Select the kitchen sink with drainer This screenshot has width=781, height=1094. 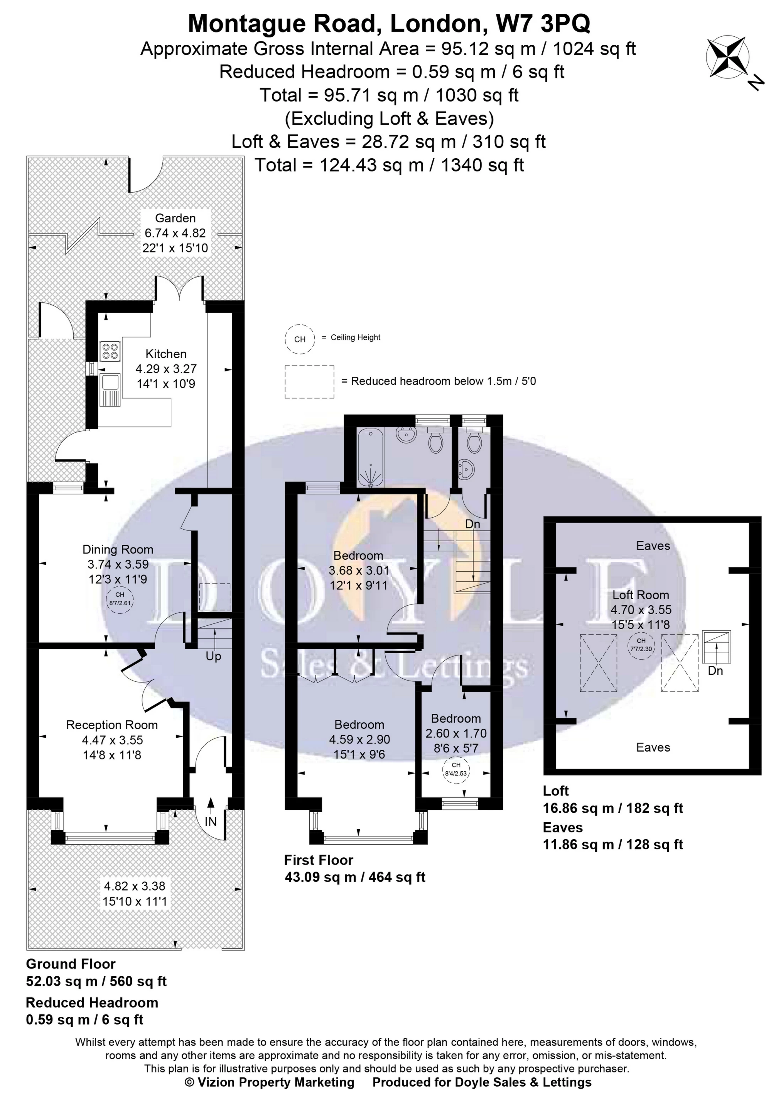tap(110, 390)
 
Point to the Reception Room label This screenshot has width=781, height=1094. tap(112, 725)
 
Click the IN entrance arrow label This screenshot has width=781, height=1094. tap(211, 821)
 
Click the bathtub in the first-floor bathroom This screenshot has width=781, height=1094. tap(370, 458)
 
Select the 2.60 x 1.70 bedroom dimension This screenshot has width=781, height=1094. tap(456, 733)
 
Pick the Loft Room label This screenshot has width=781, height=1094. tap(640, 595)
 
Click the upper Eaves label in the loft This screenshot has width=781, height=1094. tap(653, 546)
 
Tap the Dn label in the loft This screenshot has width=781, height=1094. tap(715, 671)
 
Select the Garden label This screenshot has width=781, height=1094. tap(175, 218)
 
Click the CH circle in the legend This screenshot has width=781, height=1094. tap(300, 339)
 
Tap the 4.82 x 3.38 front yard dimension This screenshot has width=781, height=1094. tap(135, 886)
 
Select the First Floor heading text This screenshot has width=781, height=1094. tap(318, 860)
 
